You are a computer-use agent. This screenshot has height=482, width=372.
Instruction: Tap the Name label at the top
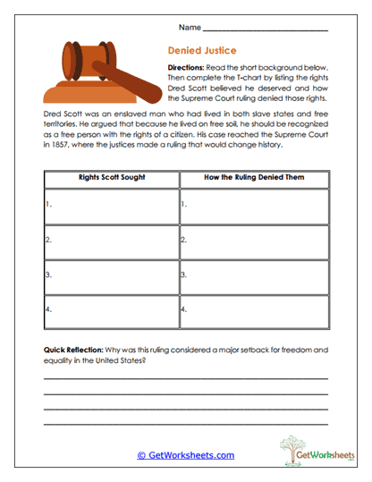tap(189, 27)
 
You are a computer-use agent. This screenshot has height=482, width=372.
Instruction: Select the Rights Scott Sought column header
tap(112, 177)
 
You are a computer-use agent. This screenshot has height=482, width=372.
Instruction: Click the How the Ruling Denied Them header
tap(254, 177)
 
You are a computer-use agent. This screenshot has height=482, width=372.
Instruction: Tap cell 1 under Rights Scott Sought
tap(112, 206)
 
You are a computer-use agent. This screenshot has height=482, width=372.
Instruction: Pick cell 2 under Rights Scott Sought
tap(112, 241)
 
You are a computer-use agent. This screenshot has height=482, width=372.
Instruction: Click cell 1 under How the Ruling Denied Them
tap(254, 206)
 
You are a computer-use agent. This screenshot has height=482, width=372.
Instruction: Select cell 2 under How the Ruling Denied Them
tap(254, 241)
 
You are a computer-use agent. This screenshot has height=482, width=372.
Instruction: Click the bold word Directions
tap(188, 68)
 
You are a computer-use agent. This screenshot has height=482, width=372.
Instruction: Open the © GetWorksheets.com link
tap(185, 455)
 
